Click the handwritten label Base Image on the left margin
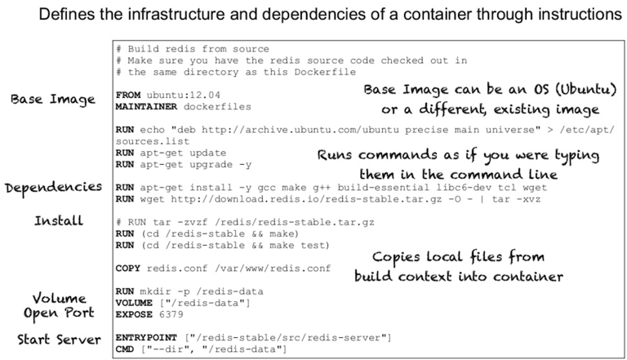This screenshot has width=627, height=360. click(x=53, y=100)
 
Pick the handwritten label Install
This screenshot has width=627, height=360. click(x=58, y=220)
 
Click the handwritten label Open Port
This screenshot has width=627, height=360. click(x=59, y=313)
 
